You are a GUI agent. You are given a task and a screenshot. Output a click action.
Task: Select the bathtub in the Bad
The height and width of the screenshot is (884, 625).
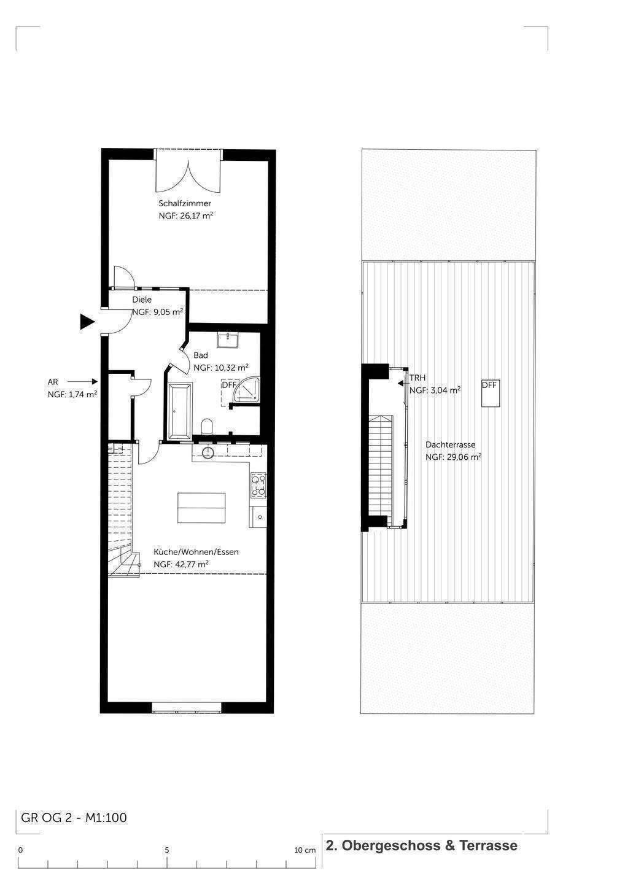pos(180,411)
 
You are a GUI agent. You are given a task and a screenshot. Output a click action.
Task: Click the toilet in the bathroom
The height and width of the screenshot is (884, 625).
pos(207,426)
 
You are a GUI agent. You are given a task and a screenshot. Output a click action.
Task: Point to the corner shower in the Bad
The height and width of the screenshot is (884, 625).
pos(247,390)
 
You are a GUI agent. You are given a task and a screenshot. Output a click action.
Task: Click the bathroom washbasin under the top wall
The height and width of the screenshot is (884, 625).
pos(227,340)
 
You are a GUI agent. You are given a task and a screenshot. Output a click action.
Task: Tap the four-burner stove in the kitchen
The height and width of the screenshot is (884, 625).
pos(258,485)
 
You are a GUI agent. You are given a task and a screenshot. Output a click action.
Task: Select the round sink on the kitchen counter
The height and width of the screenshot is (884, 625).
pos(208,453)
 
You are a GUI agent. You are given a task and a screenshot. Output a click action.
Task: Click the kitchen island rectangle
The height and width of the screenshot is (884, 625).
pos(201,508)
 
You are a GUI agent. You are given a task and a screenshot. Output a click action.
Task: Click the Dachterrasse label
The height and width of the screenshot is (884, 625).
pos(450,444)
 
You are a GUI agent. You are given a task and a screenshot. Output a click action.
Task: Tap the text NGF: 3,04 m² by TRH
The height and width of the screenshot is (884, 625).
pos(435,390)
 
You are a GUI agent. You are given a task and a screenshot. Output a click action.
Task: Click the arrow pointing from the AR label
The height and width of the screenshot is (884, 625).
pos(82,382)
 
